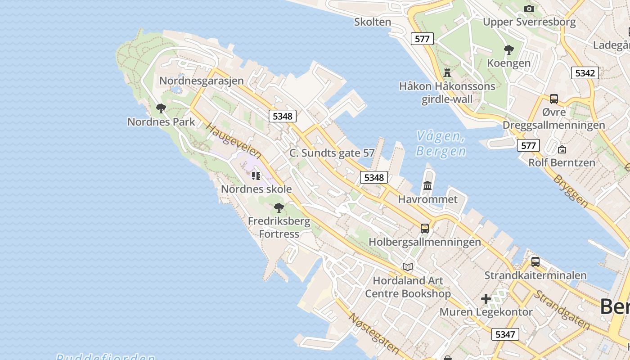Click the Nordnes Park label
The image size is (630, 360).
[x=161, y=121]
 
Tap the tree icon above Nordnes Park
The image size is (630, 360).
[x=161, y=108]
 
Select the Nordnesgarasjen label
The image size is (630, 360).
[x=202, y=81]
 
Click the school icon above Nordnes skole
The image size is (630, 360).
[x=256, y=175]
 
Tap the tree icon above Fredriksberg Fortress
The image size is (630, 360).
[x=279, y=207]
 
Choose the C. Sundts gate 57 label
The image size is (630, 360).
[x=332, y=153]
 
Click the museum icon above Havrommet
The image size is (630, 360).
[x=427, y=185]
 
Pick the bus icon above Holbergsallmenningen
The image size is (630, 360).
[x=425, y=228]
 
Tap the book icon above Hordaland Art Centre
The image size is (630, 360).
[x=408, y=267]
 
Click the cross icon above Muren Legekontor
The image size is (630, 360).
[x=486, y=298]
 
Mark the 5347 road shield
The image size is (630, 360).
[x=505, y=334]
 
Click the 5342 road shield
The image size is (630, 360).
[x=585, y=73]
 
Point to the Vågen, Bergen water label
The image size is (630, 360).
[x=441, y=144]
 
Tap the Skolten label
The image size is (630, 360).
[x=373, y=22]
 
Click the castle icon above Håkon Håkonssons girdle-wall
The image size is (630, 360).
[x=447, y=72]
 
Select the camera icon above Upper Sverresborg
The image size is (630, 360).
[x=529, y=9]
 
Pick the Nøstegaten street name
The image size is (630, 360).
[x=373, y=333]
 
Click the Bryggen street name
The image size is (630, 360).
[x=571, y=190]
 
